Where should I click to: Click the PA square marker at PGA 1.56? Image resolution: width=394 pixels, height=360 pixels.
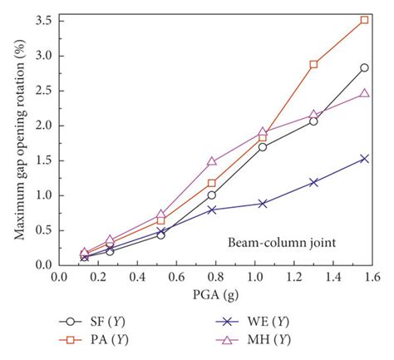364,20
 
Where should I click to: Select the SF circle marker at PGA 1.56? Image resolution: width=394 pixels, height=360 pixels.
364,67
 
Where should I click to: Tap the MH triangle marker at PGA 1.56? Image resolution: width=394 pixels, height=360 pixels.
364,93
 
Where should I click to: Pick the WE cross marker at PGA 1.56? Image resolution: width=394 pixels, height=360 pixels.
364,158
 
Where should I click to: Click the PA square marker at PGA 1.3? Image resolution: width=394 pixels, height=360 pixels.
313,64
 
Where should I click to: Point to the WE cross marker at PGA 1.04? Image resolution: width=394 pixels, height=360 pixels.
263,203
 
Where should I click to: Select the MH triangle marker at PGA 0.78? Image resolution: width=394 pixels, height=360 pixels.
212,161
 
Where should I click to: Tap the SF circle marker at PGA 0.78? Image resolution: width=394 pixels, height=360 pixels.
212,195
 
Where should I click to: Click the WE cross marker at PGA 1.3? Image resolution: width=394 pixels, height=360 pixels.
313,182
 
